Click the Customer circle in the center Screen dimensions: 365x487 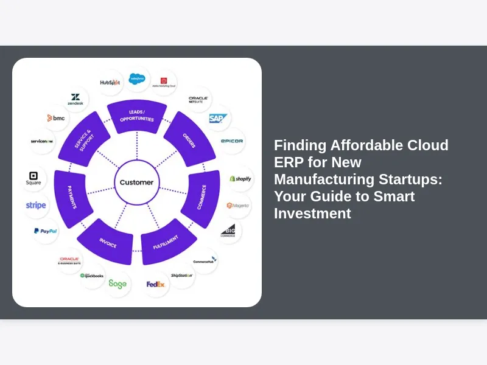click(136, 182)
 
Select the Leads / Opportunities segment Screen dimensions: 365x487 click(137, 116)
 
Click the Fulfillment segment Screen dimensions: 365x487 click(165, 243)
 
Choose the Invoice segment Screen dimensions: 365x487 click(108, 243)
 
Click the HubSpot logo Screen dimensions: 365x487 click(110, 82)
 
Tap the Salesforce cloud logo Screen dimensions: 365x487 click(138, 78)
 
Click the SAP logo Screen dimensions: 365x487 click(217, 119)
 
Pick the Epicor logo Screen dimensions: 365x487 click(231, 141)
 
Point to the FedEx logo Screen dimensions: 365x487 click(155, 284)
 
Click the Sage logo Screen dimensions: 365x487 click(117, 283)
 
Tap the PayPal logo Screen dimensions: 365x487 click(46, 231)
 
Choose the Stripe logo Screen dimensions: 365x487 click(36, 206)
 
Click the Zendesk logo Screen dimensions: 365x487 click(75, 99)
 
